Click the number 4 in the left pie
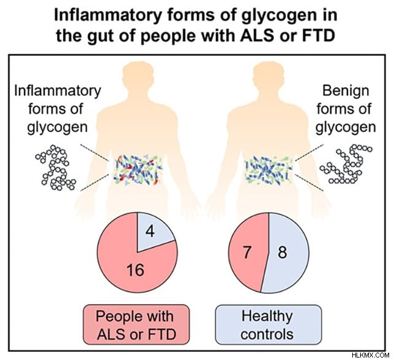150,232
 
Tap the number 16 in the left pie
136,270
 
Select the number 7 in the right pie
247,252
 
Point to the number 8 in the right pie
282,252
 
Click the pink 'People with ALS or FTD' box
136,324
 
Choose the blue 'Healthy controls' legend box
268,324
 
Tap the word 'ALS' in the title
257,36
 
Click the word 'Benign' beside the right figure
346,91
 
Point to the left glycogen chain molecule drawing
56,167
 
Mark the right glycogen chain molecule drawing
346,164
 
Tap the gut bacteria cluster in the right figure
269,170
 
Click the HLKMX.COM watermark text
371,355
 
